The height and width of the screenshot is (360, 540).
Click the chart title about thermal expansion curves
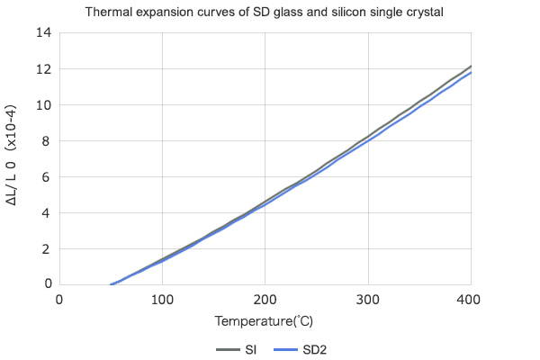click(x=269, y=13)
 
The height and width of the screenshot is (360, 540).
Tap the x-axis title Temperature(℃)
click(x=264, y=320)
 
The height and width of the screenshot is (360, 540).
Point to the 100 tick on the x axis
click(x=162, y=299)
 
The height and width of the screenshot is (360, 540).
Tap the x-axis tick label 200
click(x=265, y=299)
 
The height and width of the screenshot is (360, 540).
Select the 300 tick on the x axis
click(x=367, y=299)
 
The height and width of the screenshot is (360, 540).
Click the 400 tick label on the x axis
click(x=470, y=299)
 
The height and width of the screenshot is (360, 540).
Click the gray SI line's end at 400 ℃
click(x=470, y=67)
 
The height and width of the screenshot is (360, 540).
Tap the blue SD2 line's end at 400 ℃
click(x=470, y=73)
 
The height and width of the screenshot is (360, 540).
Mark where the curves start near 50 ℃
click(x=111, y=284)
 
